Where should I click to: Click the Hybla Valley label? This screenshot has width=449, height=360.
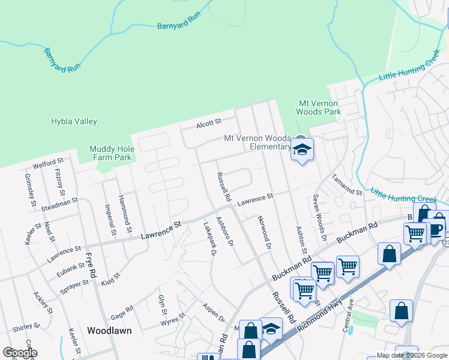74,121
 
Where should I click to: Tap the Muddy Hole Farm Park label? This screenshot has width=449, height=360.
110,154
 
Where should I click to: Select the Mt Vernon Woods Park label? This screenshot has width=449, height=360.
319,107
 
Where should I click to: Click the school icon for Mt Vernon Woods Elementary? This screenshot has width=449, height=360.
302,151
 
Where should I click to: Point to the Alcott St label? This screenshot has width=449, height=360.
209,125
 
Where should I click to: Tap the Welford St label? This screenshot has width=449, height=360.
49,162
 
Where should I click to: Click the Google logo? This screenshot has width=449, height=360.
20,353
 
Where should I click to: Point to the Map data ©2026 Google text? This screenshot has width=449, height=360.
412,355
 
